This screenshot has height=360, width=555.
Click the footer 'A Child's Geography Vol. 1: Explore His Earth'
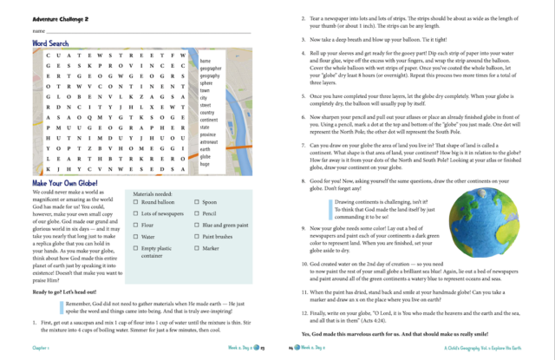pos(497,345)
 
